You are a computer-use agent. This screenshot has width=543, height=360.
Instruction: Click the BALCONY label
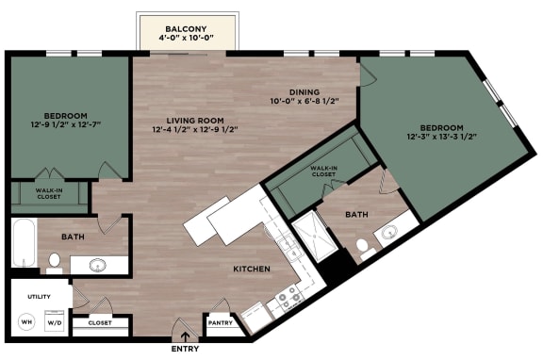pos(185,29)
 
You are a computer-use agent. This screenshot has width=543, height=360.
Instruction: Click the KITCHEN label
pos(252,270)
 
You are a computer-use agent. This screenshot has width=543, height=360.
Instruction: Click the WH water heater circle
pos(25,322)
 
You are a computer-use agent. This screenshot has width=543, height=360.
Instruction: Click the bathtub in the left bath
pos(24,242)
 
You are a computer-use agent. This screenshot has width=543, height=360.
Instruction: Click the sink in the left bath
pos(97,265)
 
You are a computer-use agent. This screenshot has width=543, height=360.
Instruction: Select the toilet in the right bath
pos(364,247)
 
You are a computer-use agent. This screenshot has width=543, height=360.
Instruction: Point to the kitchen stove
pos(285,303)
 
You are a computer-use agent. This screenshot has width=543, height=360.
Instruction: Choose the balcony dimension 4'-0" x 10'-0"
pos(185,41)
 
